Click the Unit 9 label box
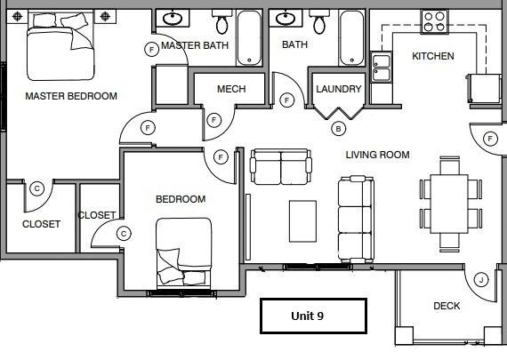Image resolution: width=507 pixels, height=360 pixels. [312, 315]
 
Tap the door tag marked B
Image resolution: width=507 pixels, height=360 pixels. [338, 129]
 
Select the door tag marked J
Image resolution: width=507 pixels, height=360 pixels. [481, 280]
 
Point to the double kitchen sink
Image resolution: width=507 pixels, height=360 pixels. [381, 68]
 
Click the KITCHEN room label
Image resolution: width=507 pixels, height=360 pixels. [432, 56]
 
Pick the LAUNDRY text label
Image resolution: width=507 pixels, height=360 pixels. [339, 89]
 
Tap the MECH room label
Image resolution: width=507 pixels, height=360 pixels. [231, 89]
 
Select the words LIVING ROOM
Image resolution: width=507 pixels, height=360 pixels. [377, 155]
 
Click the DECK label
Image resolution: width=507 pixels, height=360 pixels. [447, 306]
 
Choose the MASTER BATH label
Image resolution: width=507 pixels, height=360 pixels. [195, 46]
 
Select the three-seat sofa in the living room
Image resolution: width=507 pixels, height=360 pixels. [355, 220]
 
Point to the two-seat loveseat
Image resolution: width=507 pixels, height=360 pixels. [281, 165]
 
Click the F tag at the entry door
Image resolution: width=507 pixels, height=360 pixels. [490, 139]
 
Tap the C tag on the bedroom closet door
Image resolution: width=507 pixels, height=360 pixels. [125, 233]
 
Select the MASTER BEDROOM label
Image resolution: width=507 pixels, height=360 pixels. [71, 96]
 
